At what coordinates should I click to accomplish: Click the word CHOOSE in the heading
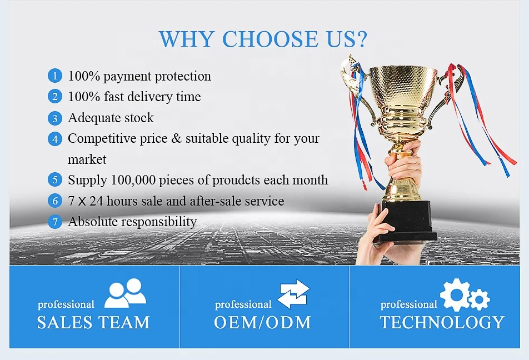point(270,39)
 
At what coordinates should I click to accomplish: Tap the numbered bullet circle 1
point(55,76)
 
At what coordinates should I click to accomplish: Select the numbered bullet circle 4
point(55,139)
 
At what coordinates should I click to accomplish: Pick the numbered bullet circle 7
point(55,222)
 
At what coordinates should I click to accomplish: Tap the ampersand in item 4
point(176,138)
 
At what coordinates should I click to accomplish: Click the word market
point(87,159)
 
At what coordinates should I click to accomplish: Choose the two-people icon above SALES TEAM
point(125,293)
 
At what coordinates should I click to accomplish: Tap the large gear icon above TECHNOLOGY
point(455,294)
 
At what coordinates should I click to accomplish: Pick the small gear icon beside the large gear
point(479,299)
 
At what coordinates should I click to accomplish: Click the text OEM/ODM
point(262,322)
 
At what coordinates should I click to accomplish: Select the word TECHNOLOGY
point(442,322)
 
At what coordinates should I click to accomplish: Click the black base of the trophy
point(406,221)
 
